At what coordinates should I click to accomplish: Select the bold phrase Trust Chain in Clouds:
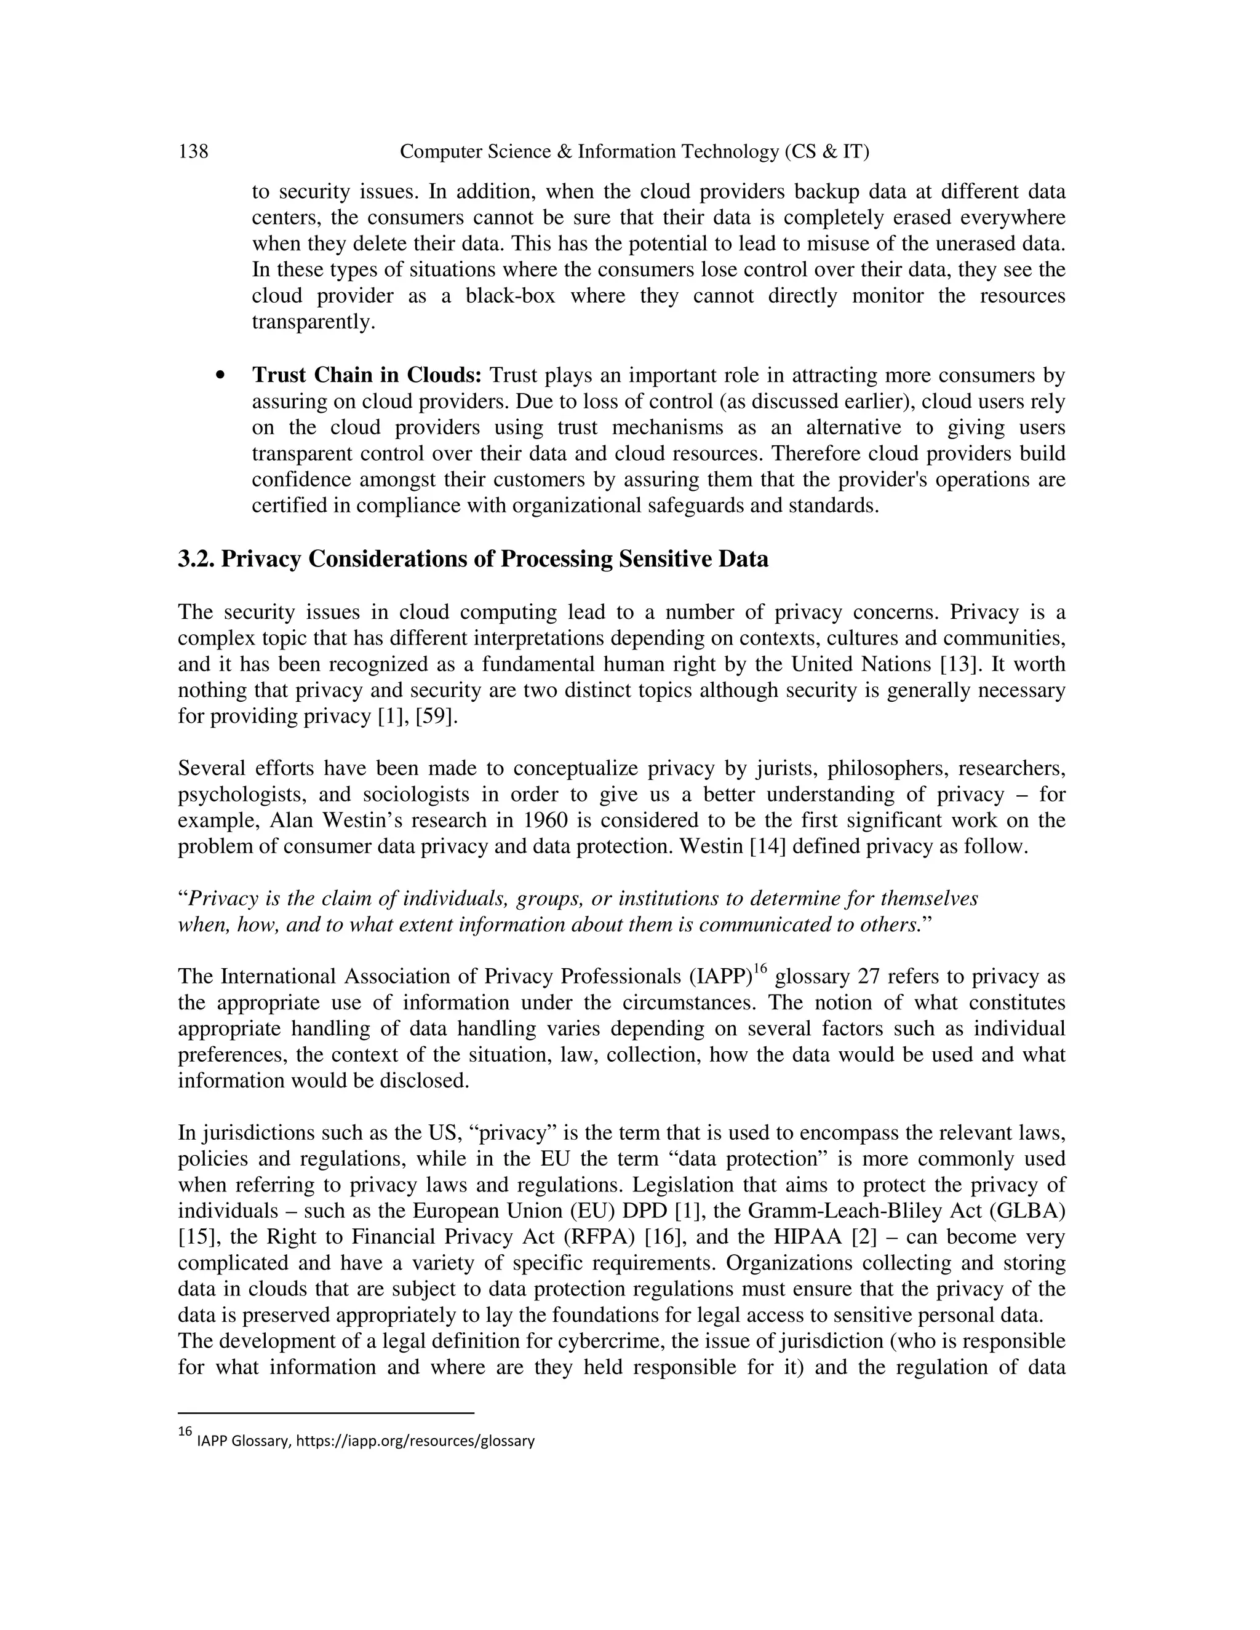tap(368, 375)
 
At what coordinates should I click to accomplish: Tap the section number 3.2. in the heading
tap(196, 559)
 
